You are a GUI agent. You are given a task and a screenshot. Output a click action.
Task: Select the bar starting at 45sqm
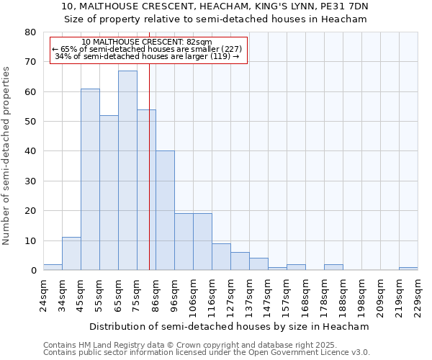tap(90, 179)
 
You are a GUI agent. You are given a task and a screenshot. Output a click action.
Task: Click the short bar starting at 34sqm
tap(71, 254)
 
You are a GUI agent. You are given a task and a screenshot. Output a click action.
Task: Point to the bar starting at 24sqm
tap(53, 267)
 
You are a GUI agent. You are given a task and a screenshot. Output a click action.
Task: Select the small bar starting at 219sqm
tap(408, 269)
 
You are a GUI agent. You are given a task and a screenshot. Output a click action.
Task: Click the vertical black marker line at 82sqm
tap(149, 180)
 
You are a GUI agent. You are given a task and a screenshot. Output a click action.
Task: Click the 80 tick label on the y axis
tap(30, 32)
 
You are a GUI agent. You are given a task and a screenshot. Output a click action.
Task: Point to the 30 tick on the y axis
tap(30, 181)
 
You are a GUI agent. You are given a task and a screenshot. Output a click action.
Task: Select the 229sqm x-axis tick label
tap(418, 294)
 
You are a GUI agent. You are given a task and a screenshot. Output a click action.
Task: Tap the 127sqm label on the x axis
tap(231, 294)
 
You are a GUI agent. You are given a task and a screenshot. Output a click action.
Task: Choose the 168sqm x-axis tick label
tap(306, 294)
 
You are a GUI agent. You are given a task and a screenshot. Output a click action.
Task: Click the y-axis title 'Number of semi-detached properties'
tap(7, 156)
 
